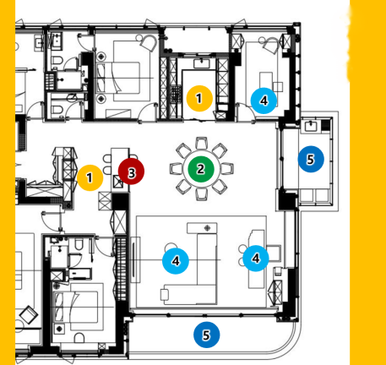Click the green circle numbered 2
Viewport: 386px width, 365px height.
point(201,169)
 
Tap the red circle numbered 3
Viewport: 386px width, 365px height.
point(131,172)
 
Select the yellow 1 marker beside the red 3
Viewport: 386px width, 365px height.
point(90,177)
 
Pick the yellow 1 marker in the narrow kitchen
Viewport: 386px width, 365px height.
point(199,98)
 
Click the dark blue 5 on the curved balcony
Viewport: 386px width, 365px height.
point(206,335)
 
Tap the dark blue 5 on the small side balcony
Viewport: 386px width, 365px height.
point(311,159)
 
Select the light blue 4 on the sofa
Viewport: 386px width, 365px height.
point(176,261)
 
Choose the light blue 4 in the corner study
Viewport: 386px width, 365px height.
point(264,101)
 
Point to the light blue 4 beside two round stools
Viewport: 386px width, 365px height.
point(256,258)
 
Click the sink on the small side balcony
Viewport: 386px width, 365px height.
point(311,126)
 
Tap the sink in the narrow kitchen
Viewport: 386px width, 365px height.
point(202,63)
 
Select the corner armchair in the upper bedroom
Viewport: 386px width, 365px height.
point(148,42)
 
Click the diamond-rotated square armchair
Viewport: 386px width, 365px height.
point(28,315)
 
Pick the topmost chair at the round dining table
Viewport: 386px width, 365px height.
point(201,143)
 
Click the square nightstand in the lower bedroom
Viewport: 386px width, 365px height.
point(59,329)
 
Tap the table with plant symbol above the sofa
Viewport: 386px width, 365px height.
point(202,228)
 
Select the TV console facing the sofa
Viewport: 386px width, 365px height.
point(135,259)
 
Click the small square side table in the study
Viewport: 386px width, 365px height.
point(278,86)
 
